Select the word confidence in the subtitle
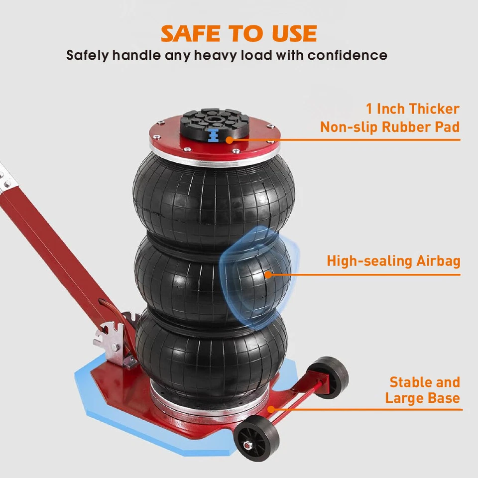pos(347,55)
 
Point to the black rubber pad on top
pos(214,119)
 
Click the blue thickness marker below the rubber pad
pos(214,136)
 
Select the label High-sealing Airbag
pos(393,261)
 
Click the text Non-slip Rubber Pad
pos(389,126)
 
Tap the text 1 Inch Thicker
pos(412,109)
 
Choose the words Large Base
pos(422,398)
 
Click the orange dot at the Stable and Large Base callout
pos(271,409)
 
